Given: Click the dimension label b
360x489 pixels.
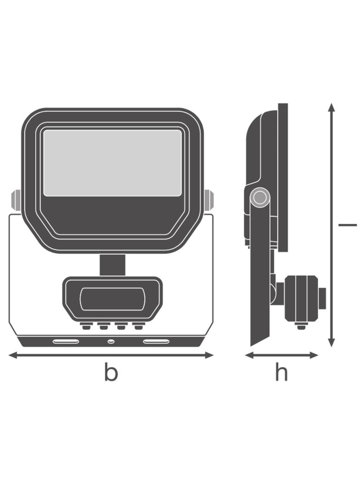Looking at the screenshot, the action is [x=111, y=372].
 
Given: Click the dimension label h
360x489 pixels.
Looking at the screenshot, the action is [x=281, y=372].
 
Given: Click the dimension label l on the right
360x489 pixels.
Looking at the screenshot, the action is [x=348, y=224].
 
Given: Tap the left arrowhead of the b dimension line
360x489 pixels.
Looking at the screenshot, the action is [x=12, y=355].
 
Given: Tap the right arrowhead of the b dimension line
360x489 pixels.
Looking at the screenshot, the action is [x=209, y=355].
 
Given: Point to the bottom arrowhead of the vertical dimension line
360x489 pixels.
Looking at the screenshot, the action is [x=332, y=342].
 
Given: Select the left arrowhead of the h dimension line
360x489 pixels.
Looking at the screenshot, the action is [x=249, y=355].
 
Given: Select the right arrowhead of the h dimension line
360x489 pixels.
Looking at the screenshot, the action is [x=314, y=355].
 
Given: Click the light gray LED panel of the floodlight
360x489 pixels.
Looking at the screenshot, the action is [x=112, y=163].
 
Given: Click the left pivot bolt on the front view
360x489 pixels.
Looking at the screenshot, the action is [x=16, y=199].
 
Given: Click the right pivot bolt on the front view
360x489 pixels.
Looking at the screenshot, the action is [x=208, y=199].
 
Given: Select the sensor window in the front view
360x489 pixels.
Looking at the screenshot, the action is [x=112, y=299].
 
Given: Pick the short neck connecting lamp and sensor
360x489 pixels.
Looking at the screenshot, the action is [x=112, y=265].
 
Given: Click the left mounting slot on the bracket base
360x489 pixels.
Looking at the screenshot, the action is [x=66, y=341].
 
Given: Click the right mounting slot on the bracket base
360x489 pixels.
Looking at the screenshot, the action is [x=157, y=341].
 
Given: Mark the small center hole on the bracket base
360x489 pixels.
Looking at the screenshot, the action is [x=110, y=341].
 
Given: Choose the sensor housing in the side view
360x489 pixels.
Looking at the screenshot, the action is [x=300, y=298].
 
